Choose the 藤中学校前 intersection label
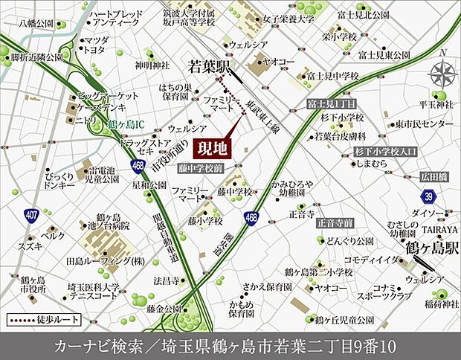pos(201,169)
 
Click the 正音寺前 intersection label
pos(334,222)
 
